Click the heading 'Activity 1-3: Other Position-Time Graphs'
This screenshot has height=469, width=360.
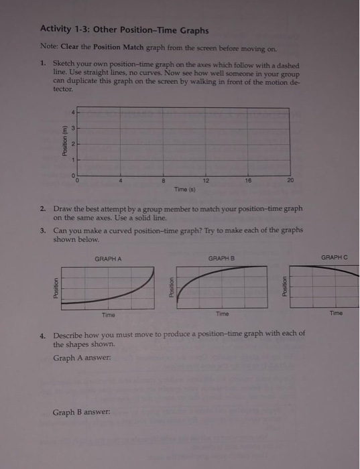pyautogui.click(x=124, y=30)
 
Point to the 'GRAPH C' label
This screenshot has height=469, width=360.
pyautogui.click(x=335, y=257)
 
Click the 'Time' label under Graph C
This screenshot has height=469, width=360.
pyautogui.click(x=336, y=313)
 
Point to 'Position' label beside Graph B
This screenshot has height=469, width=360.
pyautogui.click(x=172, y=287)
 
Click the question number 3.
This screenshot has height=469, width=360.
pyautogui.click(x=42, y=230)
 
